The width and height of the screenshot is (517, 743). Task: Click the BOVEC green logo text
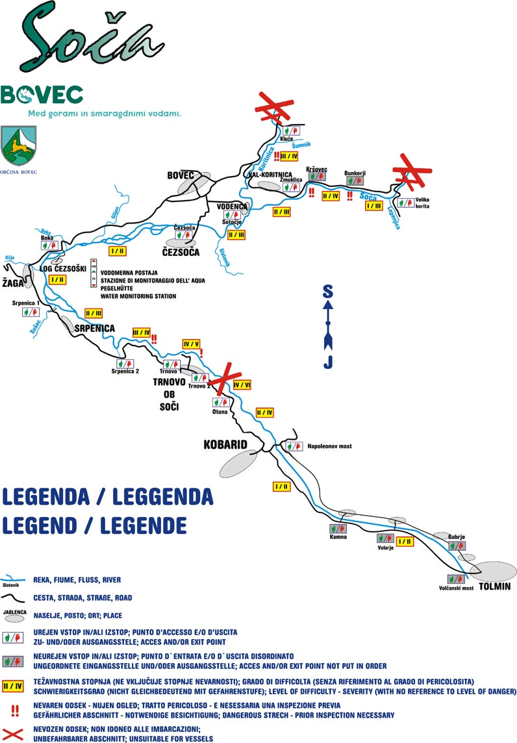click(42, 95)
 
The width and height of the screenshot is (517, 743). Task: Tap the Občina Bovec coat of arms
click(18, 145)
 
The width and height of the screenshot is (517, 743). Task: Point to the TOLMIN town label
click(494, 586)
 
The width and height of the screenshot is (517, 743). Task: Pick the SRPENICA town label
click(95, 328)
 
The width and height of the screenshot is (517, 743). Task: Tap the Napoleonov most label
click(329, 447)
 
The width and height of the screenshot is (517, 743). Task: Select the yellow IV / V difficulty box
click(192, 344)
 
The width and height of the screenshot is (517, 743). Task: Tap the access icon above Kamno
click(336, 528)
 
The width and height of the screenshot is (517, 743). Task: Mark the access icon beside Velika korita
click(406, 202)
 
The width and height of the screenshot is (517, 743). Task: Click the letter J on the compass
click(328, 362)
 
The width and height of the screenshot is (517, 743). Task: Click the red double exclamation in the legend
click(14, 711)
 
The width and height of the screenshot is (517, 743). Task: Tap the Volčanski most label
click(455, 588)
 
